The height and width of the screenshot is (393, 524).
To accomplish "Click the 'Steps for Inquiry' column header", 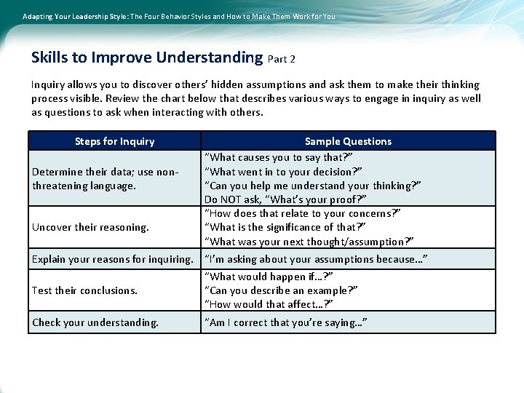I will click(114, 141).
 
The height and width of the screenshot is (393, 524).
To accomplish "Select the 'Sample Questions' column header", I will click(348, 141).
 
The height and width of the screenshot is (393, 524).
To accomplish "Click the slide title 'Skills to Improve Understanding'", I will click(147, 57).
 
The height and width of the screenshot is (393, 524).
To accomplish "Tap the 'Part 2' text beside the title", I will click(282, 59).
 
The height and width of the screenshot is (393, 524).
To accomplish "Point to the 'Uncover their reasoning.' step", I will click(90, 227).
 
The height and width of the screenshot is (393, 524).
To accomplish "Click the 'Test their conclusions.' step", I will click(84, 290).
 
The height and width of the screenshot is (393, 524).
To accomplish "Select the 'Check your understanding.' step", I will click(95, 322).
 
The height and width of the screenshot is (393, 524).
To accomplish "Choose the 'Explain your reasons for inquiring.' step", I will click(113, 259).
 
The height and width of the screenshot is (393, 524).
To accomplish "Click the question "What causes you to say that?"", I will click(279, 157).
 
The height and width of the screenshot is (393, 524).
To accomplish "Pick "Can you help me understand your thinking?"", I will click(313, 186).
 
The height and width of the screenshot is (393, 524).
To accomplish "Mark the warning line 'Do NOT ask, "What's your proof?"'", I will click(285, 199).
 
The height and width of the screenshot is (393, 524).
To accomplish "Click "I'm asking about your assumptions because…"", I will click(316, 259).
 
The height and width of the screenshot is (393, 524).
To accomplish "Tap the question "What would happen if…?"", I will click(269, 277).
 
